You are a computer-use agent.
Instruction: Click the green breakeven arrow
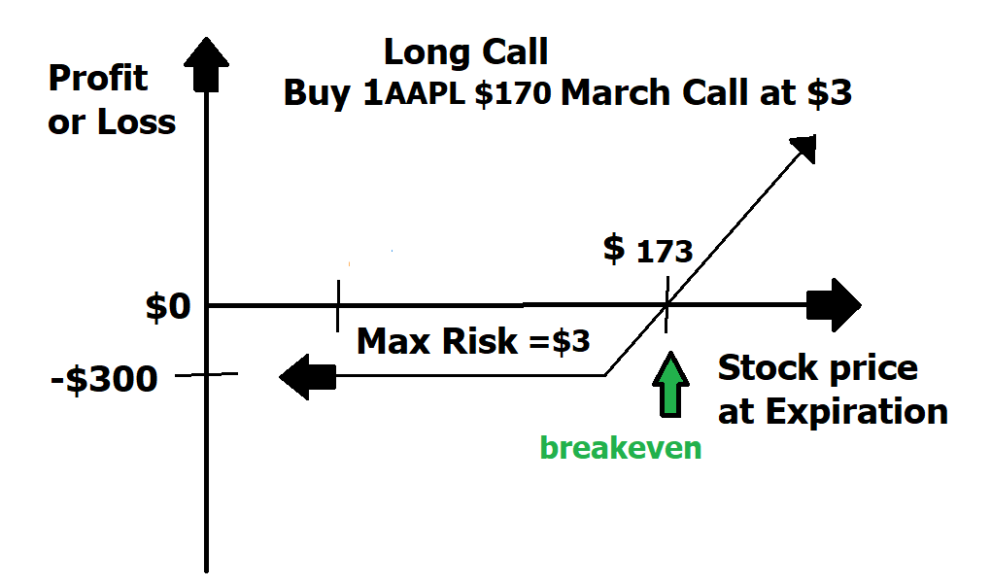[670, 384]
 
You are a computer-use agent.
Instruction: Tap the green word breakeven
[621, 448]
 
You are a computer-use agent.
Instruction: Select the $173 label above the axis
[648, 249]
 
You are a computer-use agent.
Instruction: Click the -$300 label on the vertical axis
[104, 379]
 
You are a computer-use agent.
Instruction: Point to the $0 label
[168, 307]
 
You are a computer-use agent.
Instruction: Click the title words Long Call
[465, 52]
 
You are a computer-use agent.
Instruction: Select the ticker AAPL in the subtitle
[425, 93]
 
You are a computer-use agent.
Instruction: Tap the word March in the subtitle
[615, 93]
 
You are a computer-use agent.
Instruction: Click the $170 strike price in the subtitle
[513, 93]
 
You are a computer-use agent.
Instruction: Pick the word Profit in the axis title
[98, 79]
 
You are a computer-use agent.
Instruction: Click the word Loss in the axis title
[136, 122]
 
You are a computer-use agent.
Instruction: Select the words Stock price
[818, 368]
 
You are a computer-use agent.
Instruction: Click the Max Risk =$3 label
[473, 341]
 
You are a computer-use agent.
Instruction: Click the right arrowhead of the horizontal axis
[835, 305]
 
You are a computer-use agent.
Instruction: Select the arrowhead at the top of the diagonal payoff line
[803, 148]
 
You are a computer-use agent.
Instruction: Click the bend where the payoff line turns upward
[605, 375]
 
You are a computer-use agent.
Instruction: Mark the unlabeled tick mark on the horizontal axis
[338, 306]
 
